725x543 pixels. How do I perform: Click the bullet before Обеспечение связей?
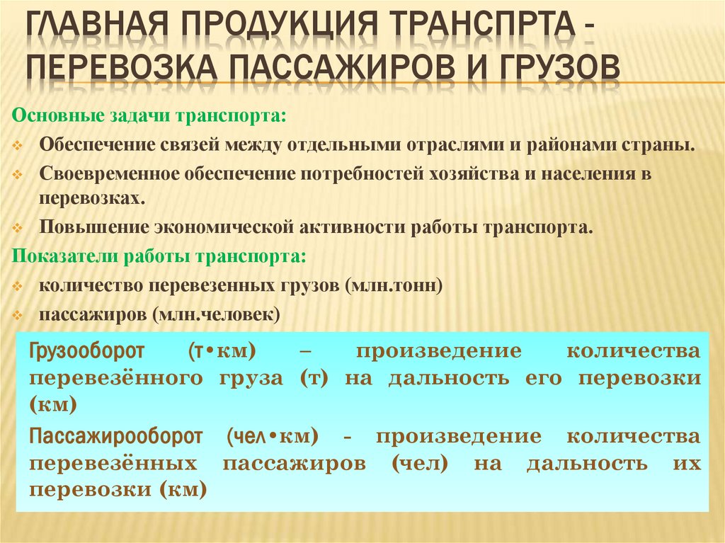coord(19,145)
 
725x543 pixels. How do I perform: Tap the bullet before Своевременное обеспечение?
coord(19,175)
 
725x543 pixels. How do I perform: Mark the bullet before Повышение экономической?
coord(19,229)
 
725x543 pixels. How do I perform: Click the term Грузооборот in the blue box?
coord(87,352)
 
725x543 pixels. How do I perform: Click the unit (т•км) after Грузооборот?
coord(222,352)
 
